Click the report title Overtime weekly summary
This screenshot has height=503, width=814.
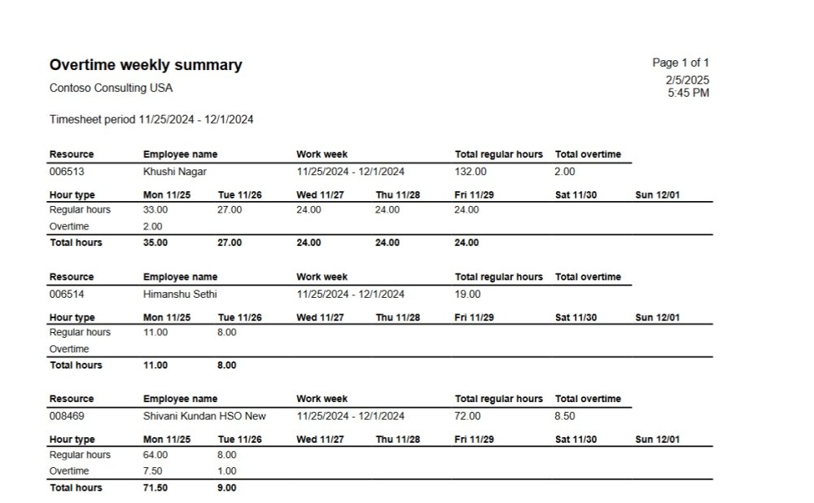pyautogui.click(x=146, y=65)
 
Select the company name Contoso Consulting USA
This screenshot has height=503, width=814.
pyautogui.click(x=111, y=88)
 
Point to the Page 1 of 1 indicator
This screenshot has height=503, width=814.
pyautogui.click(x=681, y=63)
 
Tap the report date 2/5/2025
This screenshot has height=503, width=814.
pyautogui.click(x=687, y=80)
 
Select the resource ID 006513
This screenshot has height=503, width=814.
pyautogui.click(x=67, y=172)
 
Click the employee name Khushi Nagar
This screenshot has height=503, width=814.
pyautogui.click(x=174, y=172)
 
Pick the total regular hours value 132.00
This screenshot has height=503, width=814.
pyautogui.click(x=470, y=172)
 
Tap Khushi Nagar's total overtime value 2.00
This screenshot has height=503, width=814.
pyautogui.click(x=564, y=172)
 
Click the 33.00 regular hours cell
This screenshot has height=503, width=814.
pyautogui.click(x=155, y=210)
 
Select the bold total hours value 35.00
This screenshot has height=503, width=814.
pyautogui.click(x=155, y=243)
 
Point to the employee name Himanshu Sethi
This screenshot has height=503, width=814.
pyautogui.click(x=180, y=294)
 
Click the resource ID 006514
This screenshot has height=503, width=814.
pyautogui.click(x=67, y=294)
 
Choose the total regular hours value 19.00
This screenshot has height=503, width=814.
pyautogui.click(x=468, y=294)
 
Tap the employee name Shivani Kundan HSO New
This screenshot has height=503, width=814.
pyautogui.click(x=204, y=416)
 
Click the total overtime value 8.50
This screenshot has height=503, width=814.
pyautogui.click(x=564, y=416)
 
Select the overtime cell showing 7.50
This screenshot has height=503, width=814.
pyautogui.click(x=153, y=471)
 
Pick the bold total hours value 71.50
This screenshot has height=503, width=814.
pyautogui.click(x=155, y=488)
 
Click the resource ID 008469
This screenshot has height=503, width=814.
pyautogui.click(x=67, y=416)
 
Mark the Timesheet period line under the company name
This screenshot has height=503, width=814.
pyautogui.click(x=151, y=120)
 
